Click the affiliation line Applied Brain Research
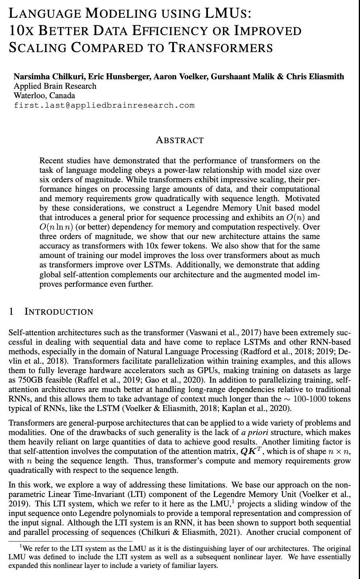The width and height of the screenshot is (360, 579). point(55,86)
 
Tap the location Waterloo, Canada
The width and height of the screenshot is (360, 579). point(44,95)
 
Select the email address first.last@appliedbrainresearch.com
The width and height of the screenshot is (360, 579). point(104,105)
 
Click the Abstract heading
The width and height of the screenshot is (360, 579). point(180,140)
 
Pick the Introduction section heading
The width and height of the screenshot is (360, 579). point(59,312)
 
